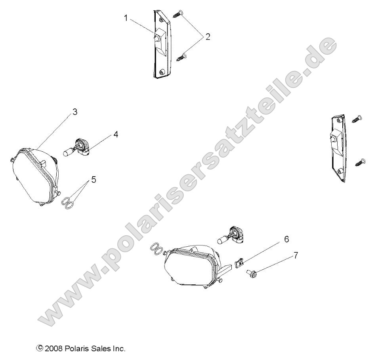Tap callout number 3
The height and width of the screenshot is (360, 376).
point(75,112)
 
